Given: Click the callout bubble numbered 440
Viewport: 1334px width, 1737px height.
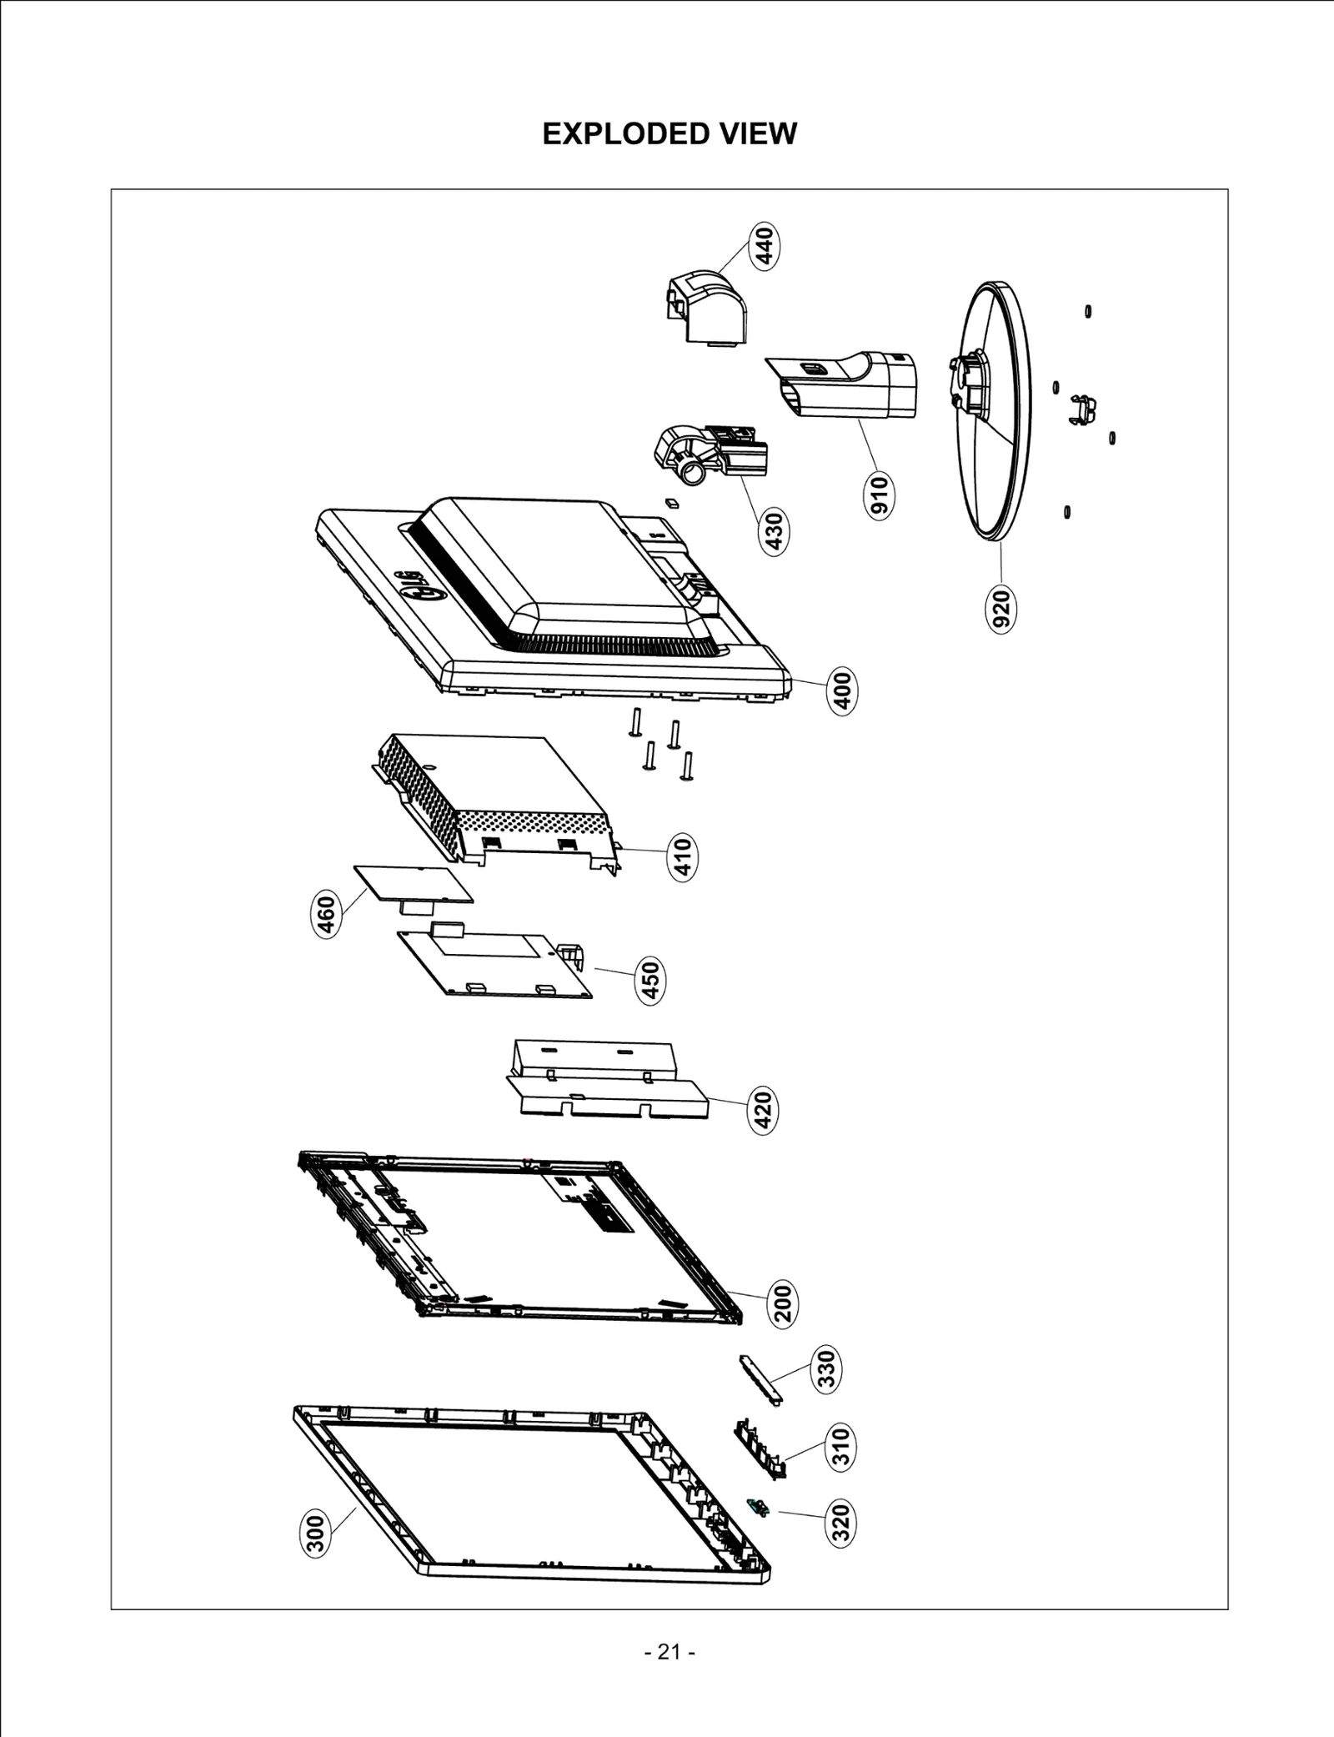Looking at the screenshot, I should coord(765,244).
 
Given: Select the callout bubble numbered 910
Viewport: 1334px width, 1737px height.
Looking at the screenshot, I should coord(880,495).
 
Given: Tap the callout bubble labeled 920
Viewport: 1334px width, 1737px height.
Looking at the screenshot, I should coord(1001,608).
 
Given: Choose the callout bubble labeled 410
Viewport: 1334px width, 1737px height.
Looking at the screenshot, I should coord(682,858).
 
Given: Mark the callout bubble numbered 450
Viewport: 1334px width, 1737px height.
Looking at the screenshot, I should coord(651,980).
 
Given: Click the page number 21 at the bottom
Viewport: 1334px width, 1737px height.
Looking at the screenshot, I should coord(669,1651).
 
